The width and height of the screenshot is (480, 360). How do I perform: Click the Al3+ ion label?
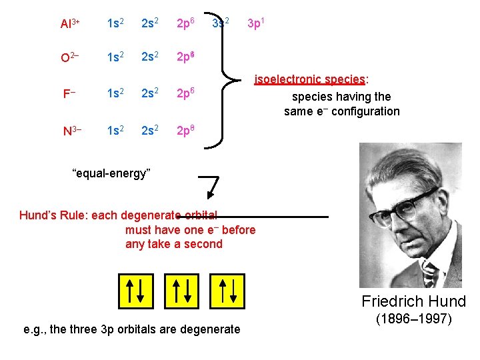tap(69, 24)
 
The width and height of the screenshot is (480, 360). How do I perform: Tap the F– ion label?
tap(68, 93)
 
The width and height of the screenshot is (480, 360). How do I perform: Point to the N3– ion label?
tap(72, 130)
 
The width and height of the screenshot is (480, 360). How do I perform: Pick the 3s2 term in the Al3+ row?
tap(221, 23)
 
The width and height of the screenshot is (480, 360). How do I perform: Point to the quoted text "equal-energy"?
tap(111, 174)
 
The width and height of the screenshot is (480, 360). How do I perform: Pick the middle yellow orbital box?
tap(181, 290)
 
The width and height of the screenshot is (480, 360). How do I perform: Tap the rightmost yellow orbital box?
tap(227, 290)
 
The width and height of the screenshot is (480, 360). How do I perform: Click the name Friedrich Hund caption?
tap(413, 301)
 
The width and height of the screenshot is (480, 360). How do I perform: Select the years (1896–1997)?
tap(413, 319)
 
